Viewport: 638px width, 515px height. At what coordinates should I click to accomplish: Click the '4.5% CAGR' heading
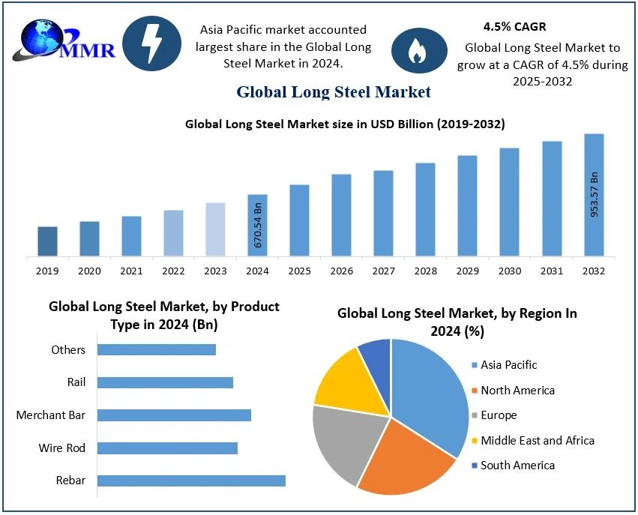(514, 27)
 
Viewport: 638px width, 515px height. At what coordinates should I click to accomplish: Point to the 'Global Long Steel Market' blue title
(334, 92)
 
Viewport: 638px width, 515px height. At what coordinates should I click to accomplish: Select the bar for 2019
(47, 241)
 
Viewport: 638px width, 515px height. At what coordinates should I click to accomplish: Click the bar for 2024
(257, 225)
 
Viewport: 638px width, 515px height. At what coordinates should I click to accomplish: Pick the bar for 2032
(594, 195)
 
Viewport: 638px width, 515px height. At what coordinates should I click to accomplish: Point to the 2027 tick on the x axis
(383, 271)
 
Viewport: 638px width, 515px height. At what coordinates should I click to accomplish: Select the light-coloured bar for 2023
(215, 229)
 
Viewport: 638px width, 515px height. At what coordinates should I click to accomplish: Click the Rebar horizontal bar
(191, 481)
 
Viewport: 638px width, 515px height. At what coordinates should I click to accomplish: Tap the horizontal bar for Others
(157, 350)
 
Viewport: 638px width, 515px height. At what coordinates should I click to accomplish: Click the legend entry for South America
(517, 466)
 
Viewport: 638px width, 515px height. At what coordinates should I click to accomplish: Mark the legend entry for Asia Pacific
(508, 365)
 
